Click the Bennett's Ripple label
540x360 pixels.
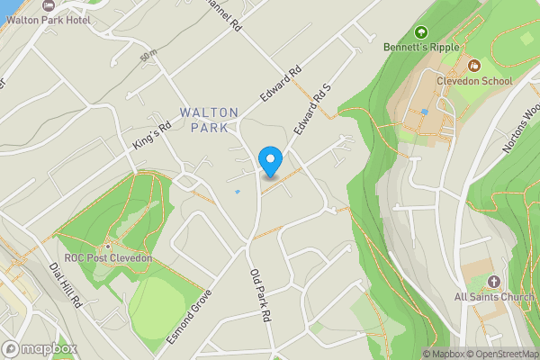tap(421, 46)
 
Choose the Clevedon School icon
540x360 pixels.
tap(474, 66)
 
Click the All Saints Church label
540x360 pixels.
tap(494, 296)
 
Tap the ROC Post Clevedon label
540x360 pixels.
tap(103, 258)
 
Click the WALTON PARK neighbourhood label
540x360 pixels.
tap(209, 120)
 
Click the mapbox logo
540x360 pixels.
tap(40, 348)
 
